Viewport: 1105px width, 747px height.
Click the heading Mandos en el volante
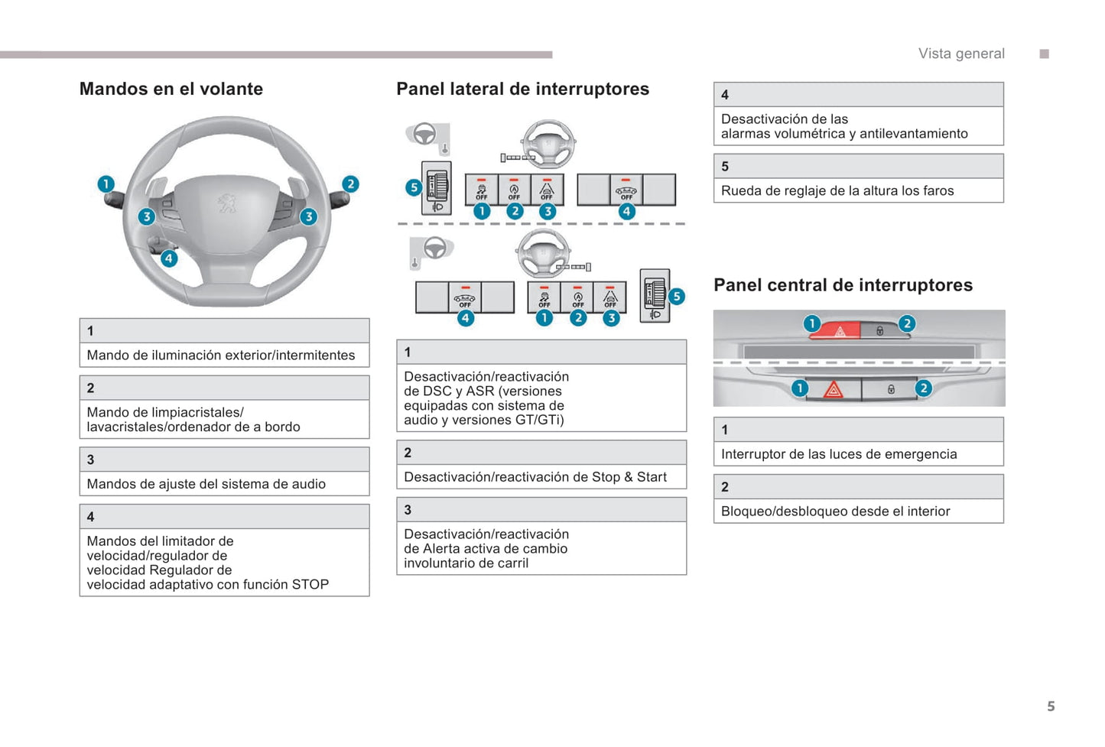coord(171,89)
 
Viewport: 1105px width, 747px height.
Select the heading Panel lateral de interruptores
coord(522,89)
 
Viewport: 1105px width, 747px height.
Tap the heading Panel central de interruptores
coord(843,285)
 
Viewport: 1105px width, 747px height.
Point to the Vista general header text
coord(961,54)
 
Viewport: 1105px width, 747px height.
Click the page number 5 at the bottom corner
coord(1051,706)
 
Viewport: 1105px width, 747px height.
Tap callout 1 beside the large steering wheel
coord(106,184)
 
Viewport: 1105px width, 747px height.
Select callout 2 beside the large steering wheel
coord(350,184)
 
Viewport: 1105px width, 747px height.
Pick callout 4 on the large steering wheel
coord(169,258)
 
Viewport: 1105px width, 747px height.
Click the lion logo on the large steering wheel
coord(226,203)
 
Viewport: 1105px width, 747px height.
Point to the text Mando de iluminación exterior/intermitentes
coord(221,356)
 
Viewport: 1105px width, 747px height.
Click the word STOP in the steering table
coord(310,585)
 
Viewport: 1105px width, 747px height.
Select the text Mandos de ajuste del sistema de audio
coord(206,484)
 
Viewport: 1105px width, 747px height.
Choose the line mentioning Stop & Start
coord(535,477)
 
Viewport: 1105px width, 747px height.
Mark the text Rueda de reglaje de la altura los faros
coord(837,191)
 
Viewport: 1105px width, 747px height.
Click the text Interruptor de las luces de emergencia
coord(839,454)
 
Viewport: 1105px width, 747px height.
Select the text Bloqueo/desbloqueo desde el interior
coord(835,512)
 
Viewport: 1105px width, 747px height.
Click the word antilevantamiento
coord(913,134)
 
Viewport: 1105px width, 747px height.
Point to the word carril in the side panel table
coord(512,563)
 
